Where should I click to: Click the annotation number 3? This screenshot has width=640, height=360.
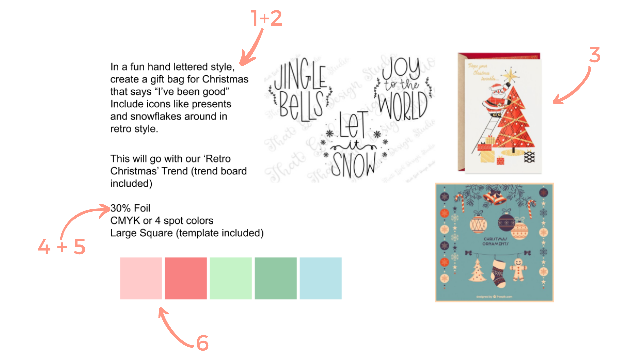coord(595,55)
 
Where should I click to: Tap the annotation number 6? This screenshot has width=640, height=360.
coord(202,343)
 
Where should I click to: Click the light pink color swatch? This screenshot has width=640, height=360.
coord(141,278)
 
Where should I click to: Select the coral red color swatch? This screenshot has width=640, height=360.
coord(186,278)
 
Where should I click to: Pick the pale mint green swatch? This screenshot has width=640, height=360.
coord(231,278)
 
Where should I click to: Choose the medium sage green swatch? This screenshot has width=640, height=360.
coord(276,278)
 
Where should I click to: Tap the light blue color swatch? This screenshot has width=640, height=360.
coord(321,278)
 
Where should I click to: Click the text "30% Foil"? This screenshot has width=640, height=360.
coord(130,208)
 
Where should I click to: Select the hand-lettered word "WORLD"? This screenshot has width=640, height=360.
coord(403,107)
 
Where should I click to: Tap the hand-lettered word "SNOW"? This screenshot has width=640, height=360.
coord(353,165)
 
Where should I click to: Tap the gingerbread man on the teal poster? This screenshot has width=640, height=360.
coord(518,270)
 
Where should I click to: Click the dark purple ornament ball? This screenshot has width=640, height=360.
coord(506,222)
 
